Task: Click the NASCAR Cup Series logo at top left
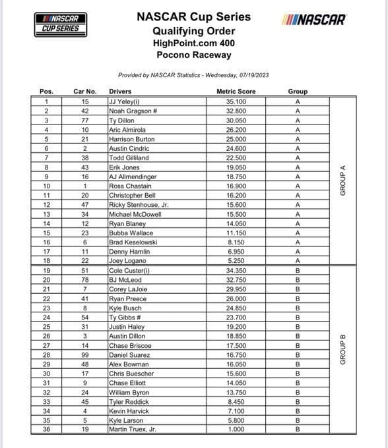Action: (x=61, y=23)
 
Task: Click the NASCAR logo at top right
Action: (x=314, y=19)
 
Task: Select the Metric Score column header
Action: (x=236, y=91)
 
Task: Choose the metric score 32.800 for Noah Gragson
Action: (x=236, y=111)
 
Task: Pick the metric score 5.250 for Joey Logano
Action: (x=236, y=262)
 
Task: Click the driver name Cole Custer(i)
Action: (x=129, y=271)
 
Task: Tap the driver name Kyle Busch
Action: (x=125, y=308)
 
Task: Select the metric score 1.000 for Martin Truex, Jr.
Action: (x=236, y=430)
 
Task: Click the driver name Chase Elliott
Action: (x=127, y=383)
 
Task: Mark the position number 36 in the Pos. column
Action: (x=47, y=430)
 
